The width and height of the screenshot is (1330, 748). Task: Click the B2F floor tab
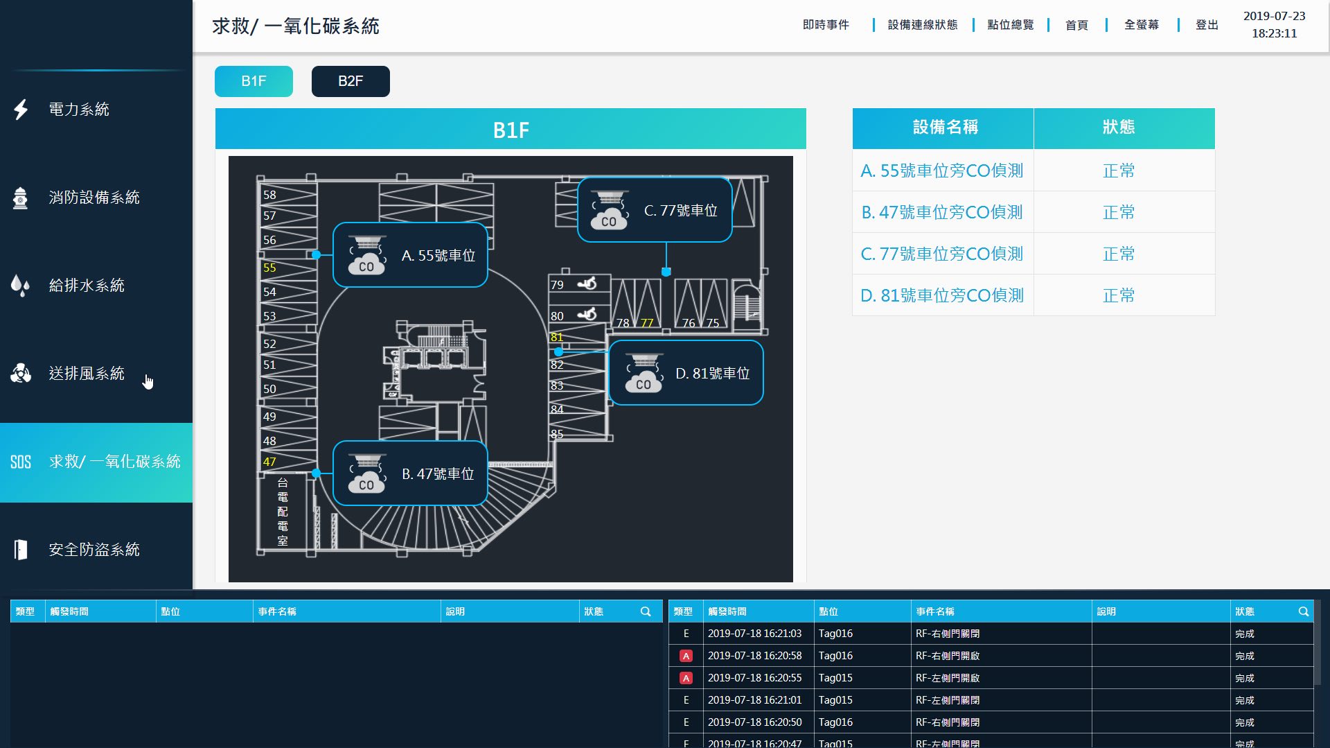tap(351, 81)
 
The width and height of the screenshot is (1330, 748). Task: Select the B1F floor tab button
tap(254, 81)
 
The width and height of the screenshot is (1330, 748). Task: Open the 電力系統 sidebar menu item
tap(79, 110)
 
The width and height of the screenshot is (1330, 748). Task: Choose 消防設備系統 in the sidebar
tap(94, 198)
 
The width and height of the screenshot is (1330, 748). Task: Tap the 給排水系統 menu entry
tap(87, 286)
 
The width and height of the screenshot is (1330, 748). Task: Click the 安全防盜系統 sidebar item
tap(94, 550)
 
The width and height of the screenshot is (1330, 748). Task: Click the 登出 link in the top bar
tap(1207, 25)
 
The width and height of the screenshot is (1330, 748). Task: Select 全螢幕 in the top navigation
tap(1142, 25)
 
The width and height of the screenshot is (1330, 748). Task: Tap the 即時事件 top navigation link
tap(826, 25)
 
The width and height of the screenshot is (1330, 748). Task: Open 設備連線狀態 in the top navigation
tap(923, 25)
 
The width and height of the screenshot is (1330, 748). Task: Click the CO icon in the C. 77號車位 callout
tap(609, 210)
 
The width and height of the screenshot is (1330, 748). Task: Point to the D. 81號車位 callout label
tap(713, 374)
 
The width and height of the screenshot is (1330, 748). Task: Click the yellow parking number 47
tap(269, 462)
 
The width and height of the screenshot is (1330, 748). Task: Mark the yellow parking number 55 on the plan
tap(269, 268)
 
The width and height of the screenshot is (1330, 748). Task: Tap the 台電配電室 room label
tap(283, 512)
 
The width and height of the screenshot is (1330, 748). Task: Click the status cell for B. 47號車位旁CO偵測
tap(1119, 212)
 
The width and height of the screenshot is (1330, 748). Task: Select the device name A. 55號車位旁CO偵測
tap(942, 171)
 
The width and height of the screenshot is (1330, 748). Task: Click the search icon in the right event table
tap(1303, 611)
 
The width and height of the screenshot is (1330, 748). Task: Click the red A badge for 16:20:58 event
tap(686, 656)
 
